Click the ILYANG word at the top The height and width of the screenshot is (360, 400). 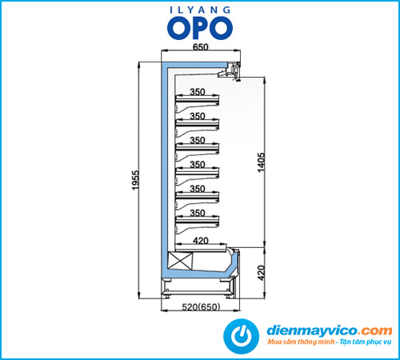point(200,10)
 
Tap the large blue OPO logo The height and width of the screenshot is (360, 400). point(200,28)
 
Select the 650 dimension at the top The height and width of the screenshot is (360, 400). point(200,47)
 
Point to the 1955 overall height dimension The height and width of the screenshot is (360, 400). point(135,180)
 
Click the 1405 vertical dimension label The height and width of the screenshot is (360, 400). point(262,162)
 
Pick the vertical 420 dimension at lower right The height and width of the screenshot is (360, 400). point(262,273)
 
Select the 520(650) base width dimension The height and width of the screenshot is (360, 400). point(201,307)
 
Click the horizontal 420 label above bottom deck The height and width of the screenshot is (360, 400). point(201,241)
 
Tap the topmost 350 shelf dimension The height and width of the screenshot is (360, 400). point(198,92)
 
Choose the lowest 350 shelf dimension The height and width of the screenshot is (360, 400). point(198,213)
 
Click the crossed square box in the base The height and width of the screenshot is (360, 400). point(180,261)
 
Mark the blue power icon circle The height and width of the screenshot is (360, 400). point(241,336)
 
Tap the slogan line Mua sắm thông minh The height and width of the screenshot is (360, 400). point(301,342)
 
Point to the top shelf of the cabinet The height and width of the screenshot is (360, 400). point(197,100)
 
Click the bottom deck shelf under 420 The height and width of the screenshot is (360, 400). point(201,249)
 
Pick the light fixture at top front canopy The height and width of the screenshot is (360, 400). point(230,71)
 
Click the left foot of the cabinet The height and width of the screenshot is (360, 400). point(167,296)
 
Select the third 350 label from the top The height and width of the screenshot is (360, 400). point(198,141)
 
